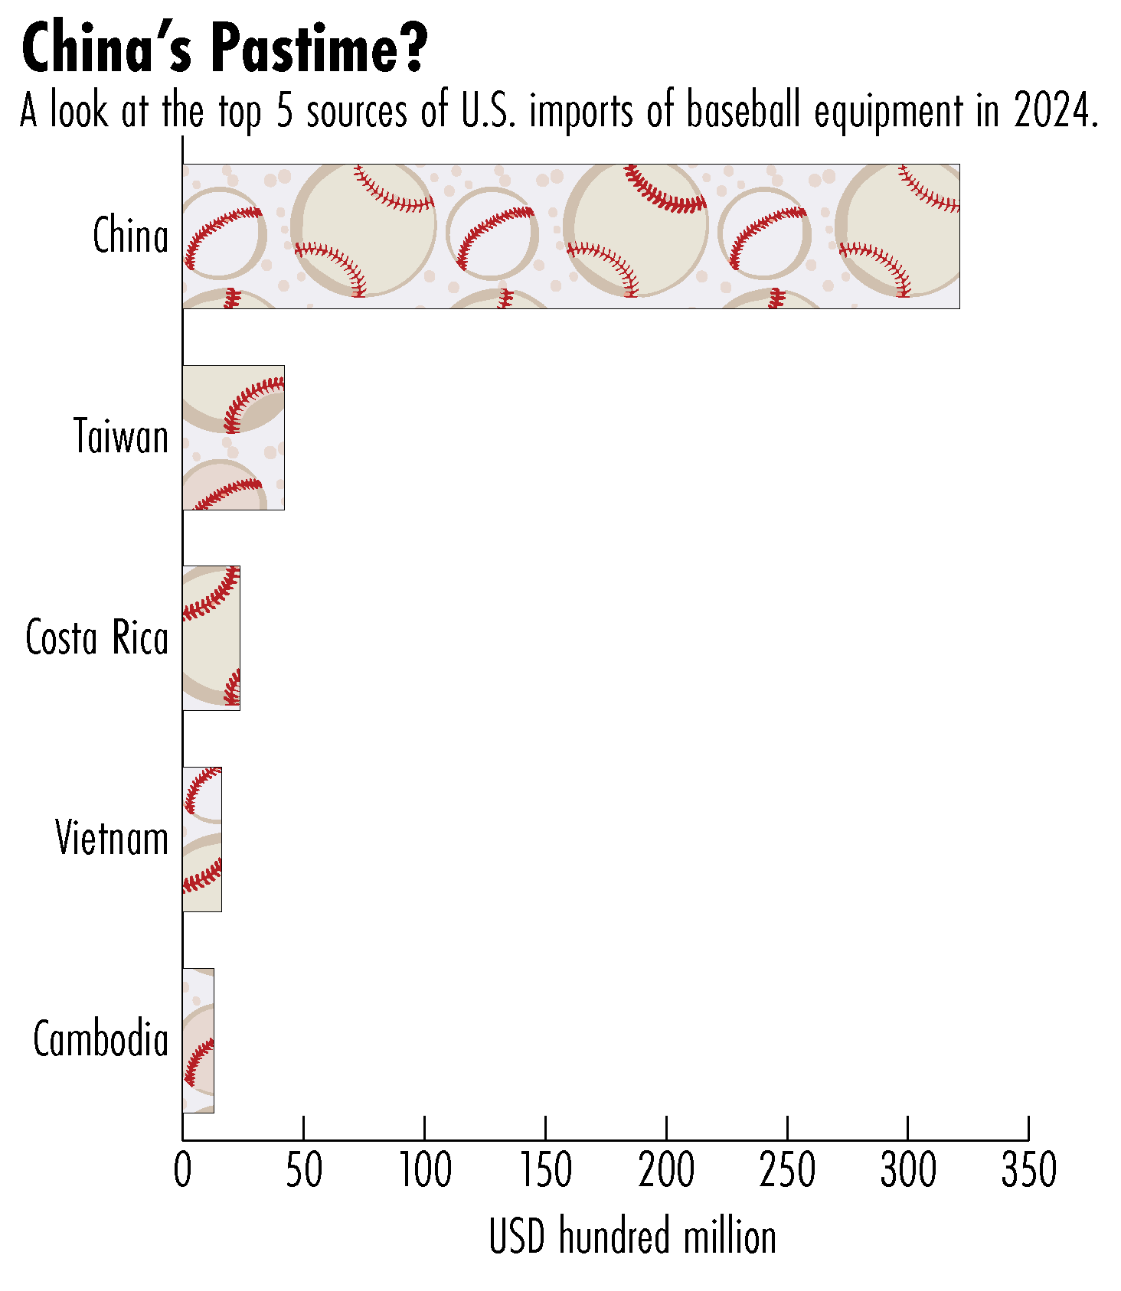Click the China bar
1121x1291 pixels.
pos(570,236)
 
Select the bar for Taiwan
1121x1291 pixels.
pos(234,438)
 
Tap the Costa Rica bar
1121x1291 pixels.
pos(211,638)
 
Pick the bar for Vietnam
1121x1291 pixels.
pos(202,839)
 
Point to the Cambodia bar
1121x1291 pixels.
pos(198,1041)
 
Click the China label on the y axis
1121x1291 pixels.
pos(130,236)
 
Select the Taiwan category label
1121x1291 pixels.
pos(121,437)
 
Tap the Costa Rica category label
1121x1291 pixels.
pos(96,637)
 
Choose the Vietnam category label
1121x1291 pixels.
pos(112,839)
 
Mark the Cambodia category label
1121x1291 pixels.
pos(100,1040)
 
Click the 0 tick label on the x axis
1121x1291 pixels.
pos(182,1170)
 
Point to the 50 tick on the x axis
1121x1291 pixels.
pos(304,1170)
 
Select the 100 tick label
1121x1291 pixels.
pos(425,1170)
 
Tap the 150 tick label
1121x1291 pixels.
pos(546,1170)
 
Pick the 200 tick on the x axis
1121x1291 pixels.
pos(667,1170)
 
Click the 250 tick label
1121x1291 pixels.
pos(787,1170)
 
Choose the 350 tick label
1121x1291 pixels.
pos(1028,1170)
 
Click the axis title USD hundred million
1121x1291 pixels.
pos(632,1237)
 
